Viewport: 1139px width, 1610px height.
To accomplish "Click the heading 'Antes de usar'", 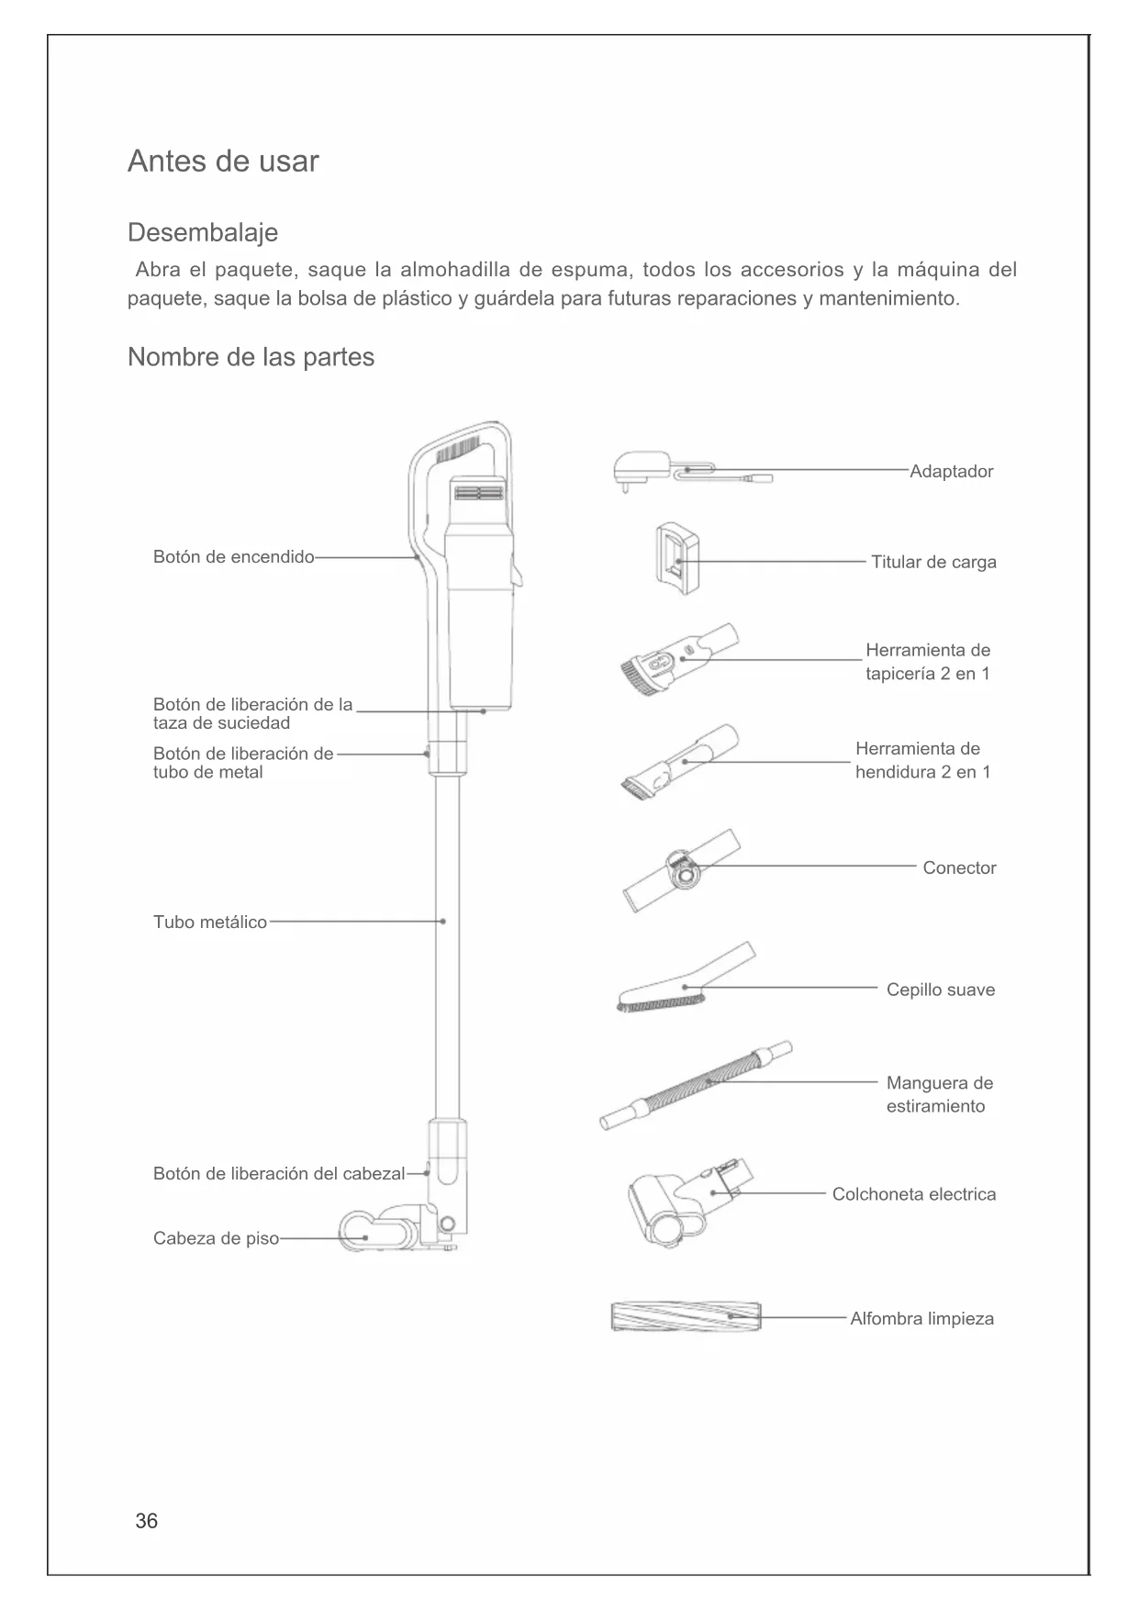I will click(223, 162).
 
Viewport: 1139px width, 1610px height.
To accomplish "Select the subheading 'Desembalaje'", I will click(202, 232).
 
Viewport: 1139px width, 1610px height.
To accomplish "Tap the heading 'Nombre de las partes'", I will click(251, 357).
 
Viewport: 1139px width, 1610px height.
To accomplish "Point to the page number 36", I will click(146, 1521).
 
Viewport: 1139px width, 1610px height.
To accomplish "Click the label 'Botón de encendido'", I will click(233, 557).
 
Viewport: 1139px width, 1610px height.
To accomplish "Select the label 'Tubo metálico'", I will click(210, 922).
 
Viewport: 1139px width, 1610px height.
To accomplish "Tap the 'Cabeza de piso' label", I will click(216, 1238).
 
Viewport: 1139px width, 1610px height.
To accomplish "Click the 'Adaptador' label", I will click(951, 471).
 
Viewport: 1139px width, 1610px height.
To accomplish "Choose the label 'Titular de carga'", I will click(933, 562).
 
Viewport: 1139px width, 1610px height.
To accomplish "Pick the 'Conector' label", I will click(959, 867).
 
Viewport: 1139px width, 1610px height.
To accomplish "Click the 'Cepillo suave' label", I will click(940, 989).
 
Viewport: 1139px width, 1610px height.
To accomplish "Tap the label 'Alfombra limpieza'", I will click(921, 1319).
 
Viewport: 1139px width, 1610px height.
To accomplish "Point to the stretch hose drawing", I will click(695, 1085).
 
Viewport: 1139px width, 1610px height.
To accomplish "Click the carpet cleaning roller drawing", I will click(686, 1316).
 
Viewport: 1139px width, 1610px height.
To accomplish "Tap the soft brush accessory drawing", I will click(684, 982).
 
